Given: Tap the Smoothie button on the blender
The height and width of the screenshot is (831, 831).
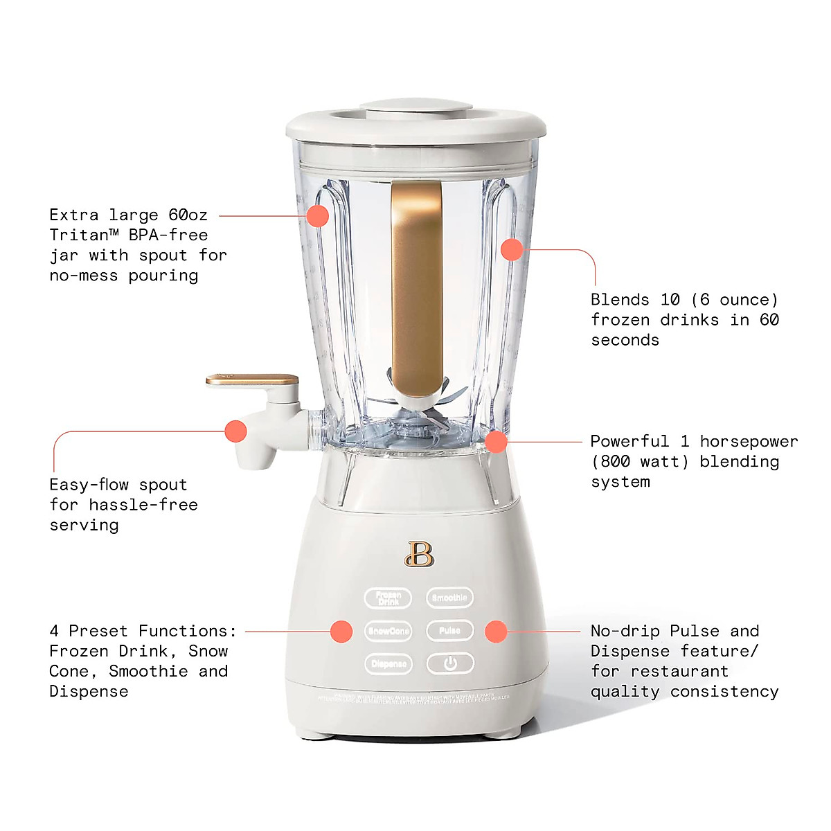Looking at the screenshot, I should tap(449, 598).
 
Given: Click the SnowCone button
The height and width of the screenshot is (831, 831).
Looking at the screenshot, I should tap(388, 631).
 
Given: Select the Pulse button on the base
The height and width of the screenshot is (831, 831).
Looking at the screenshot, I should tap(449, 631).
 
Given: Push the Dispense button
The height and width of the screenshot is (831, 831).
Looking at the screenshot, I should tap(388, 664).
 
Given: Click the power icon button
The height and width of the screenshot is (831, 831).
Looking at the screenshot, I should tap(450, 664).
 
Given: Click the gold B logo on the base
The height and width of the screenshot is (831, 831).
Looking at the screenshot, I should tap(419, 554).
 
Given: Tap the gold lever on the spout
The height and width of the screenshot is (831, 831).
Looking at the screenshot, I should tap(252, 380).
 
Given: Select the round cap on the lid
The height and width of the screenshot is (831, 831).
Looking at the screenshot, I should tap(416, 109).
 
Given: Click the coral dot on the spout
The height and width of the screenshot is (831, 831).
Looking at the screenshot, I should tap(236, 431).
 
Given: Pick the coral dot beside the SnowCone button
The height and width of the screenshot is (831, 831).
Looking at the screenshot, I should tap(341, 632).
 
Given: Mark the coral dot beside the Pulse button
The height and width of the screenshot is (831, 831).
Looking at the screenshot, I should tap(496, 632).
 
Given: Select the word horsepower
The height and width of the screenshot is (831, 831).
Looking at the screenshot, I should tap(749, 442).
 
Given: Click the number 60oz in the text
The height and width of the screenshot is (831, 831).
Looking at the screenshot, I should tap(188, 215).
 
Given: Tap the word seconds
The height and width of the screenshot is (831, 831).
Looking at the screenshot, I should tap(625, 341).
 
